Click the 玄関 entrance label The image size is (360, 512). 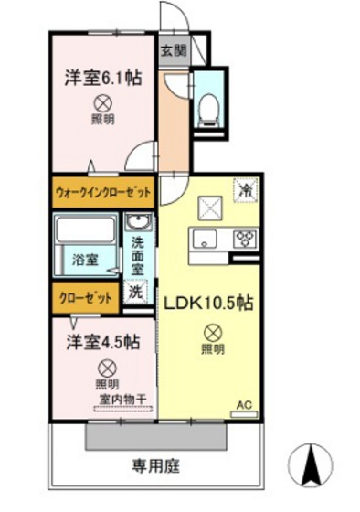174,51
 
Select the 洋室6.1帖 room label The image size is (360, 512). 102,79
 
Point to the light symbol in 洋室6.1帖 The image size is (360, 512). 102,103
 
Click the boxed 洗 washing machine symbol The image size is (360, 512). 135,293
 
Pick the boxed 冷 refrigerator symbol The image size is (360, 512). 244,189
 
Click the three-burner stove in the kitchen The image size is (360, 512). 246,239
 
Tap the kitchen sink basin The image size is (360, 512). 204,240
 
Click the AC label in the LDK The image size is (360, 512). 244,403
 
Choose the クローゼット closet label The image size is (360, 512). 86,298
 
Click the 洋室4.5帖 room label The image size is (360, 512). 101,343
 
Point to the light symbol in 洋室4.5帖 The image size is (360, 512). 107,368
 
